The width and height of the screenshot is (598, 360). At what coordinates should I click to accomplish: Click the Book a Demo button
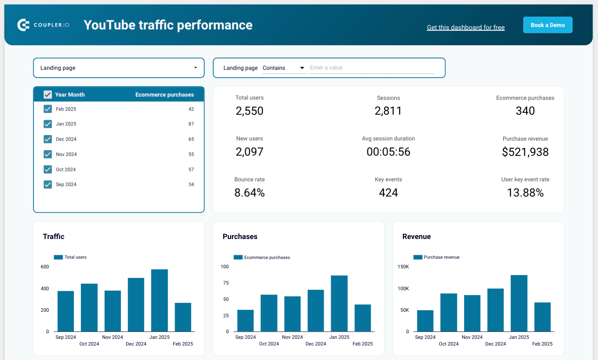click(548, 25)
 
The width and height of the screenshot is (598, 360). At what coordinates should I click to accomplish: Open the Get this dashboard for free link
click(466, 27)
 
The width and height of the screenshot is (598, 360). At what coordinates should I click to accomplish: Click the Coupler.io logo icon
click(23, 25)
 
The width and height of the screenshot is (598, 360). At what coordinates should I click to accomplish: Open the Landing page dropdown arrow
click(195, 68)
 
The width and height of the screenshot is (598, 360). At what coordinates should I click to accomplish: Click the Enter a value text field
click(372, 68)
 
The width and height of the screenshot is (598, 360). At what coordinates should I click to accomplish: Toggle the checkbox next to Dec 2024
click(48, 139)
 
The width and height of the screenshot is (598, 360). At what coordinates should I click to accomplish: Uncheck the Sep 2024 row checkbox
click(48, 184)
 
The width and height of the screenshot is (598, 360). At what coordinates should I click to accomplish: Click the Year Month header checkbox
click(48, 95)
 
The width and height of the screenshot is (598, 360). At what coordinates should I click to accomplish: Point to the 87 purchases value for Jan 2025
click(191, 124)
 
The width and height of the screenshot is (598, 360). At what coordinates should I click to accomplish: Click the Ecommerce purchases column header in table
click(164, 95)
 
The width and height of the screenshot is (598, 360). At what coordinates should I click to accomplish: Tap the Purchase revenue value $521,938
click(525, 152)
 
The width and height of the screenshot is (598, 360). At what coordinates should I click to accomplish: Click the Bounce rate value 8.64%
click(249, 193)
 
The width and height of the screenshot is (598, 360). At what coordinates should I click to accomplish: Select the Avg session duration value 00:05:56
click(388, 152)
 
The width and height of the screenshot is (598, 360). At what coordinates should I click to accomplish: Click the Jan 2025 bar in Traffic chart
click(160, 301)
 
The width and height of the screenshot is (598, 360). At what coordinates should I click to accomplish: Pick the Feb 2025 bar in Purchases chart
click(362, 318)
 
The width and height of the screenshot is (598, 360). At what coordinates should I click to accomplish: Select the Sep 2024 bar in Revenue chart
click(425, 321)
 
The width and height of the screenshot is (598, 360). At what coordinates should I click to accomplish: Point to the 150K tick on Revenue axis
click(403, 267)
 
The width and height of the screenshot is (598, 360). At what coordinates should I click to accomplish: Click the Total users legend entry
click(70, 257)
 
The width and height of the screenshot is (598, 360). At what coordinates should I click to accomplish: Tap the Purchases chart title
click(240, 236)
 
